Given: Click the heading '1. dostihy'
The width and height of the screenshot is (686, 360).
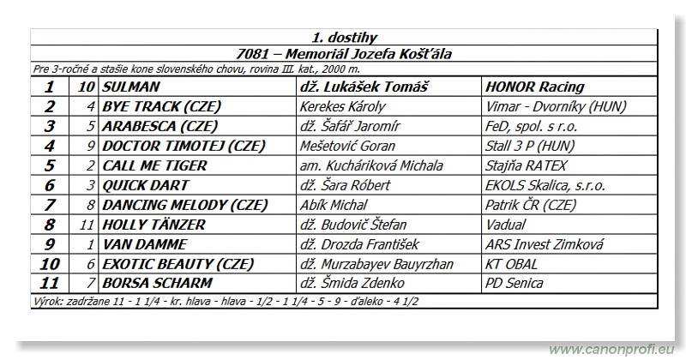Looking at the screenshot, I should pos(344,37).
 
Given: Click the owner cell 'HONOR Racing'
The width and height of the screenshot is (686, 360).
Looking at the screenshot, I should pos(534,87).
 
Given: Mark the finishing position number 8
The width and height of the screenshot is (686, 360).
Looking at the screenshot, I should pos(50,225).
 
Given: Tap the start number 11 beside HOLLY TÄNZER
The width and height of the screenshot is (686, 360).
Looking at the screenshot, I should pos(87,225).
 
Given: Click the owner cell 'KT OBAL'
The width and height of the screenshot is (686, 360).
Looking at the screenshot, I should pos(512,264).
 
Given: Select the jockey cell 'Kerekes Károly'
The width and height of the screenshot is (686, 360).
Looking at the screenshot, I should pos(342,106).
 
